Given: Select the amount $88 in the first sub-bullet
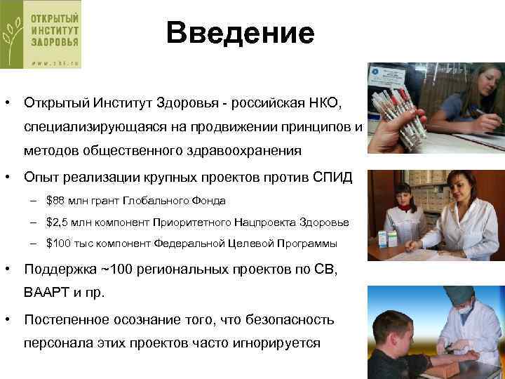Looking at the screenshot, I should (x=54, y=201).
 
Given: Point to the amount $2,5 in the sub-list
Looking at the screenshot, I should (x=56, y=222).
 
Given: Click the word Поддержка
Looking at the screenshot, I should (x=59, y=270).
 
